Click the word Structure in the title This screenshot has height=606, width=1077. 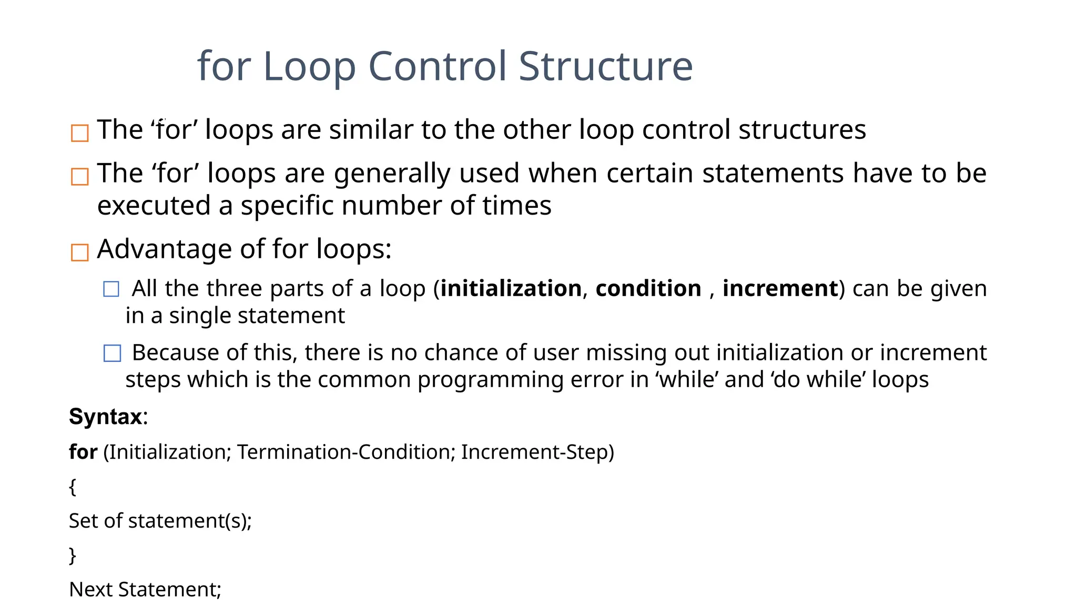coord(606,67)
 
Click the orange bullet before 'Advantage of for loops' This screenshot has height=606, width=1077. coord(79,252)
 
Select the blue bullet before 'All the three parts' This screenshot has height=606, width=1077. coord(111,289)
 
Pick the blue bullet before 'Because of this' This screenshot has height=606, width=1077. coord(112,353)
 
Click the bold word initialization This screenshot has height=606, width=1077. coord(511,289)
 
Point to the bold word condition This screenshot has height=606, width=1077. coord(648,289)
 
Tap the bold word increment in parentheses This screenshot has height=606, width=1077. coord(780,289)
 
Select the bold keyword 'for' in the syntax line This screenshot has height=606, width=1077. coord(83,452)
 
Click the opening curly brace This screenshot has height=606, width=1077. coord(73,487)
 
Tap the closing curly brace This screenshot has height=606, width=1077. coord(73,555)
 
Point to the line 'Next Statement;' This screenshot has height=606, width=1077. coord(145,590)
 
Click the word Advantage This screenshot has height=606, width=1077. coord(164,249)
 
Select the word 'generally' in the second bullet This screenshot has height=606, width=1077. coord(392,174)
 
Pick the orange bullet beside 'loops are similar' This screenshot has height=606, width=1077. coord(79,133)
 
